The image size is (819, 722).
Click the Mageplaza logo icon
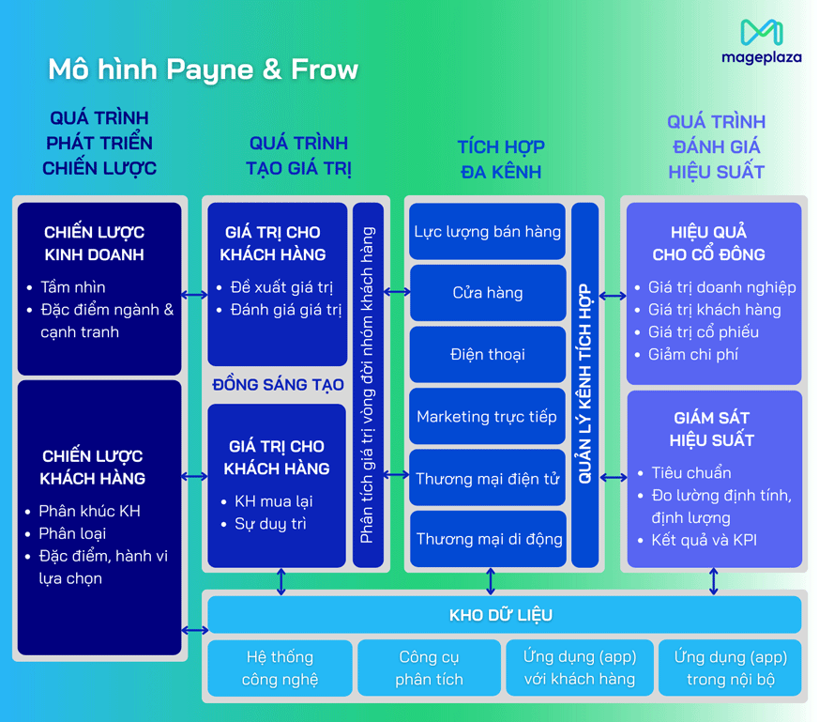coord(761,33)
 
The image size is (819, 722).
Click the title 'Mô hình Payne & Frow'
coord(203,69)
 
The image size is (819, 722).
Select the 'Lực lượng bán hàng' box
coord(488,231)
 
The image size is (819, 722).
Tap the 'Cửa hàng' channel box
coord(488,293)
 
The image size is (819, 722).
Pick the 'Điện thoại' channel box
coord(488,355)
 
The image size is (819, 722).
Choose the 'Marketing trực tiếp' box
coord(488,417)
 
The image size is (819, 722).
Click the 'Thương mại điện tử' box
coord(488,479)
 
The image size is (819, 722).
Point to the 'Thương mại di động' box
coord(488,539)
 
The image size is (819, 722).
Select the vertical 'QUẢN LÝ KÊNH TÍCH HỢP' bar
coord(584,385)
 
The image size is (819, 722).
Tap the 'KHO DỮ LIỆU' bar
coord(501,615)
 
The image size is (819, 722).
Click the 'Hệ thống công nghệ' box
coord(280,668)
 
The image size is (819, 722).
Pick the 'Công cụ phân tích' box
coord(429,668)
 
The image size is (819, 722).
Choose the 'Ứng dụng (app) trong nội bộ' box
coord(731,668)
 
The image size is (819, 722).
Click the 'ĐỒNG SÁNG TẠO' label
coord(279,385)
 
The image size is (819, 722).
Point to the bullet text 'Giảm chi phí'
coord(693,355)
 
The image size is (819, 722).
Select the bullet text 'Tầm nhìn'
coord(73,287)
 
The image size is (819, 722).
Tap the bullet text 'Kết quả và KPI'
coord(704,540)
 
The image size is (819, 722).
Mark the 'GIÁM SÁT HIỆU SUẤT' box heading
coord(713,429)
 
